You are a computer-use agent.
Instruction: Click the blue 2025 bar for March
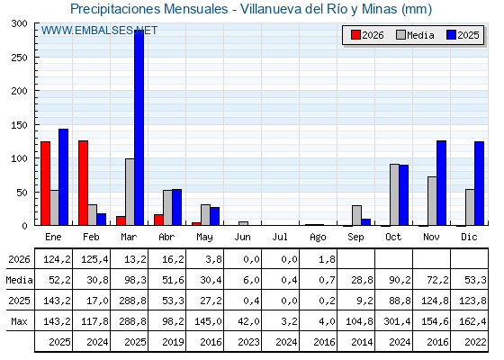139,128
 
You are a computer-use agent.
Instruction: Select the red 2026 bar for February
83,183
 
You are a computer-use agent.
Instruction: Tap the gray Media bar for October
395,194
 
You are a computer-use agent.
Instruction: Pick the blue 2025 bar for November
441,183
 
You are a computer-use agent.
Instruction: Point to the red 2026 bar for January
45,184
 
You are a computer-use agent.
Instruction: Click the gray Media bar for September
356,215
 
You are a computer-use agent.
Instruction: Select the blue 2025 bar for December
479,184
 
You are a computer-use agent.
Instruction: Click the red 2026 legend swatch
355,35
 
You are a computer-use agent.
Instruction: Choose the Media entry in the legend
415,35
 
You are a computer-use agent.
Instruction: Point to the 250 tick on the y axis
36,58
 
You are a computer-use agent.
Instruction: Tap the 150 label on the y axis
20,125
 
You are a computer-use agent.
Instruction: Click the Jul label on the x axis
280,238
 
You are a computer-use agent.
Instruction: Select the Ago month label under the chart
318,238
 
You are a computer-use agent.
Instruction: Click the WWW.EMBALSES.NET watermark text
99,31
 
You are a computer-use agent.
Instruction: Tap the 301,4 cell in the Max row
397,321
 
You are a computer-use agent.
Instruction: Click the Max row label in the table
19,321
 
